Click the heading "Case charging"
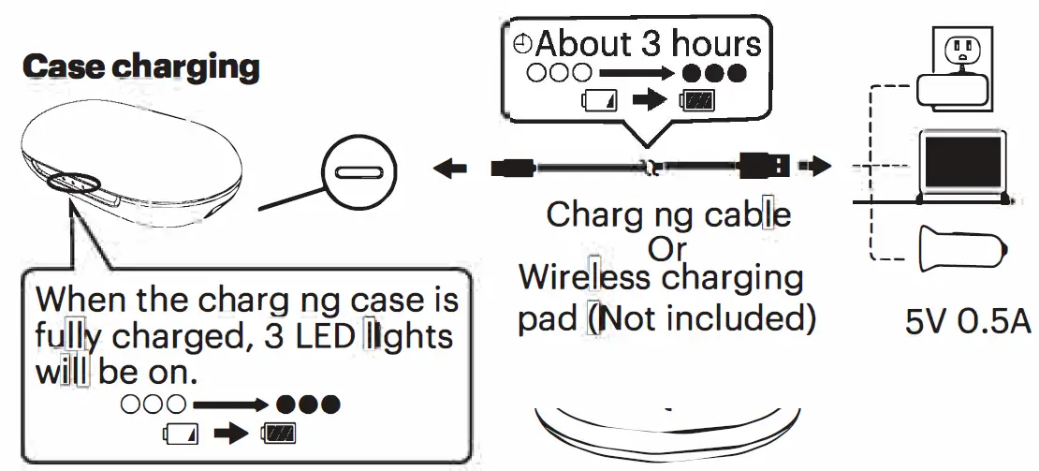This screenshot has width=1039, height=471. [x=139, y=67]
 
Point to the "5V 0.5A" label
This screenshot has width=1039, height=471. [x=968, y=321]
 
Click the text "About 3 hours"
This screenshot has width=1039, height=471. [x=648, y=43]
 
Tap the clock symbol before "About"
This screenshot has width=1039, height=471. [x=522, y=43]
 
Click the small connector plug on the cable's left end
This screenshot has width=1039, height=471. [x=514, y=169]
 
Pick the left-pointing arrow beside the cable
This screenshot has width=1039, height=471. [x=451, y=169]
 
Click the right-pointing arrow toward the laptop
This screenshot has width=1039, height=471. [x=818, y=168]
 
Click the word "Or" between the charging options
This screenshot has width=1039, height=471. [x=666, y=249]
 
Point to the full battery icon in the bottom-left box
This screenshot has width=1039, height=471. [x=278, y=434]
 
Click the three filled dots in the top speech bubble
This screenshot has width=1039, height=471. [x=714, y=72]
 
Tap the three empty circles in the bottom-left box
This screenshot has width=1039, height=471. [x=154, y=405]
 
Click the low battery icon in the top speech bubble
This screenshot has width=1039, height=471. [x=599, y=100]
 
